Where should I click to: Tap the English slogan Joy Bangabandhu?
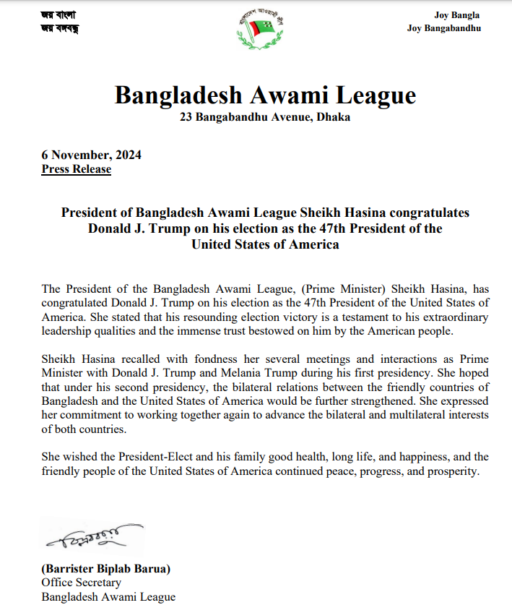coord(444,28)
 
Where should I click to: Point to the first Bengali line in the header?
coord(58,14)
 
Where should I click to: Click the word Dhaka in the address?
coord(333,117)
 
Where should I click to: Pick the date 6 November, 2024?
coord(91,155)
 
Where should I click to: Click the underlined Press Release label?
coord(77,169)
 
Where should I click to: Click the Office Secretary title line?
coord(81,583)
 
